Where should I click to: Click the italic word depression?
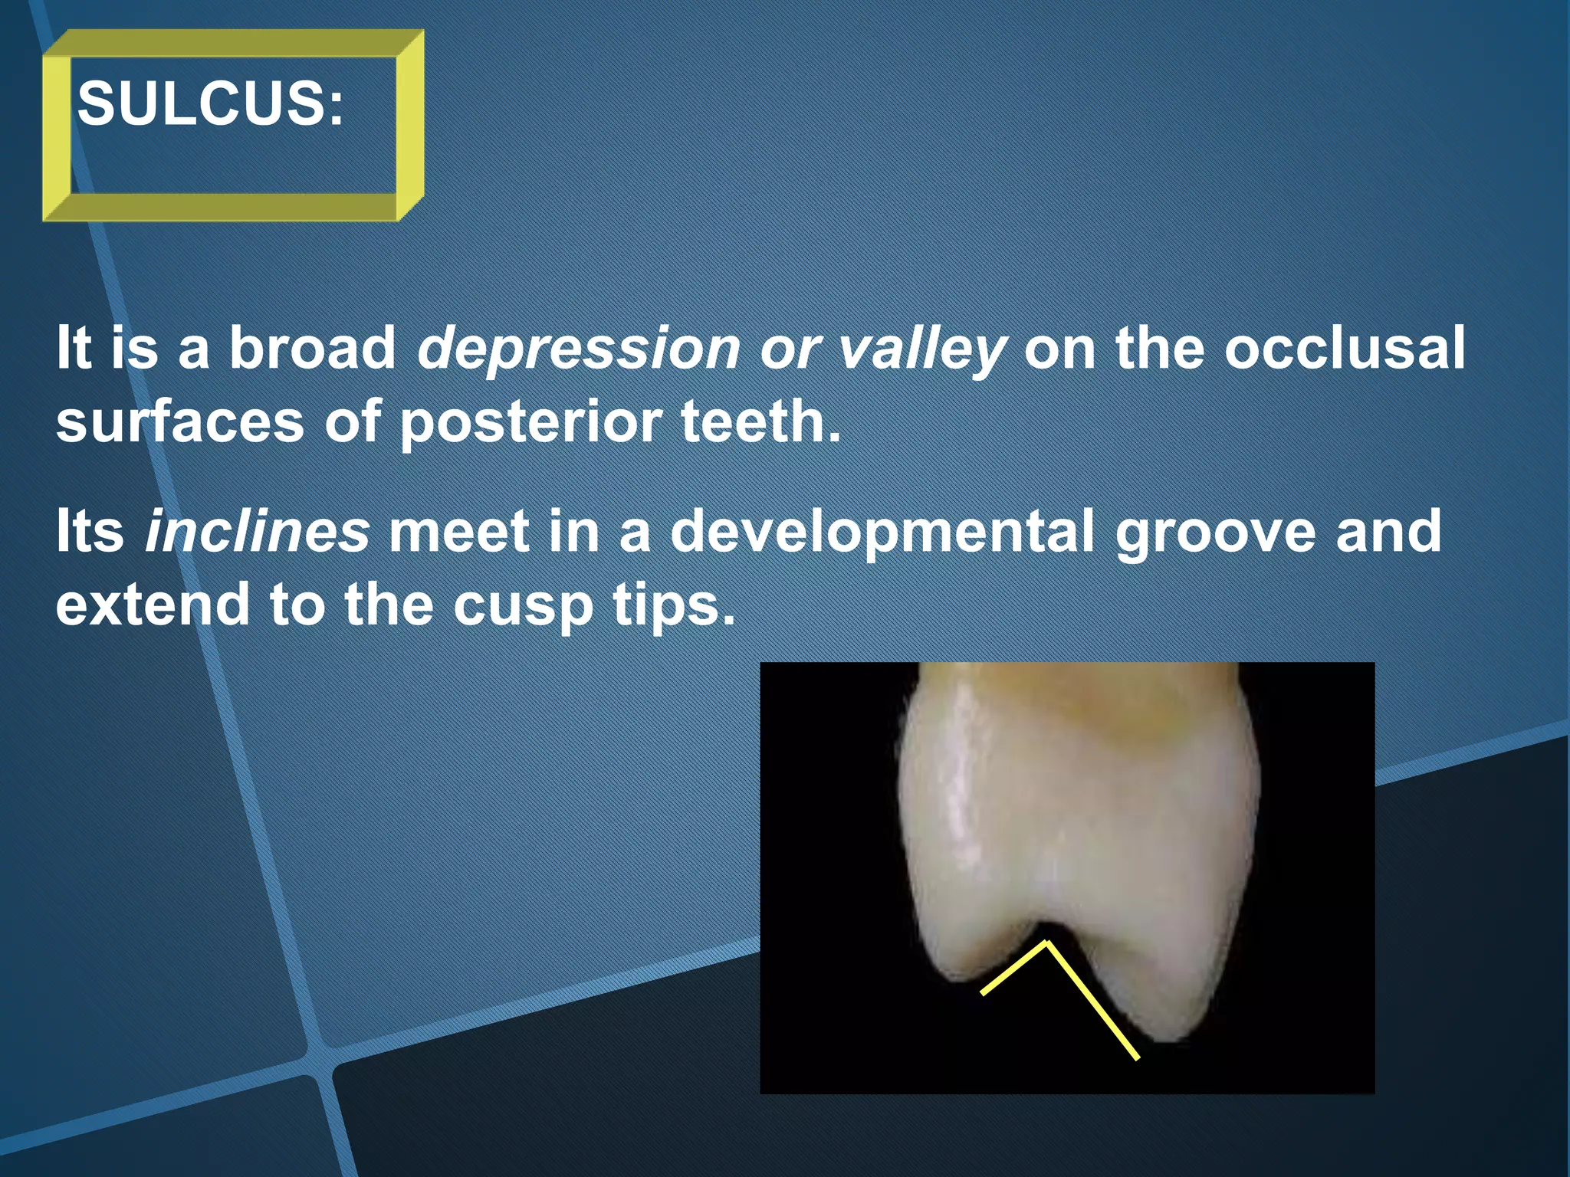coord(578,349)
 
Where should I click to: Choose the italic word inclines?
coord(257,532)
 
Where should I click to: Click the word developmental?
coord(882,532)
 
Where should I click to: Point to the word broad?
coord(312,348)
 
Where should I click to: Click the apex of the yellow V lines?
coord(1047,943)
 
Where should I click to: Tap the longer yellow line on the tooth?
coord(1093,1002)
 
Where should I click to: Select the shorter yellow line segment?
coord(1013,969)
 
